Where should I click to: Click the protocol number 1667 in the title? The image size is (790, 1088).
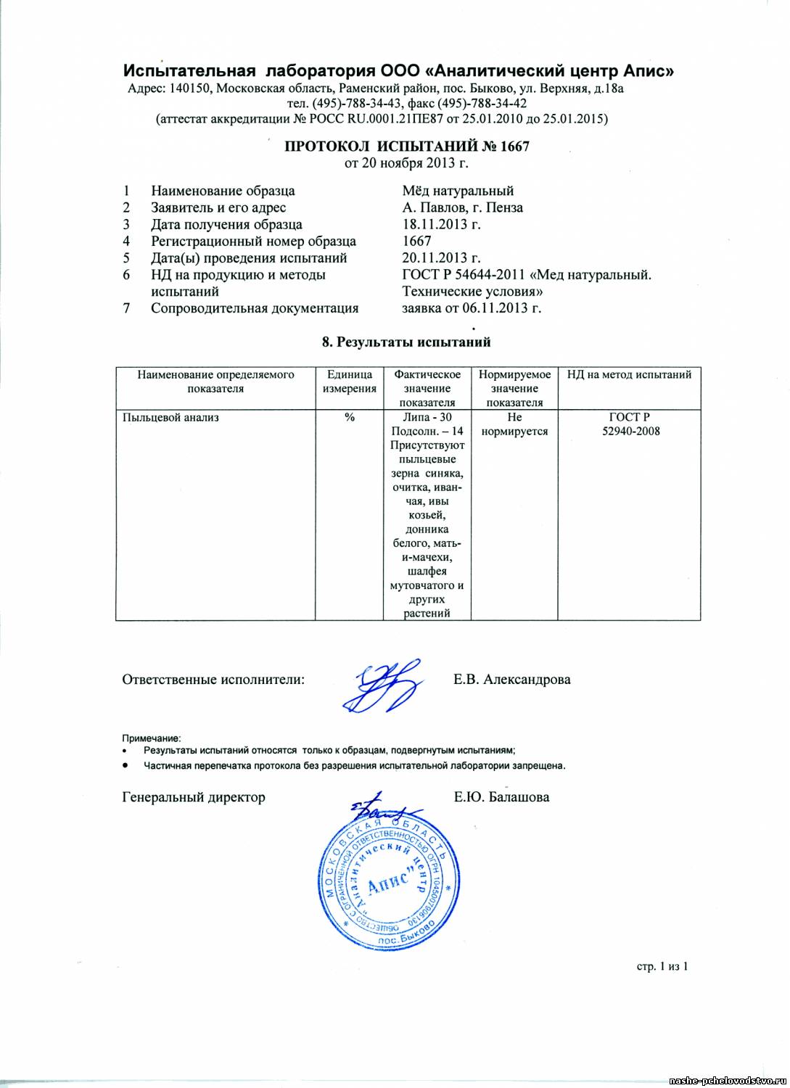514,146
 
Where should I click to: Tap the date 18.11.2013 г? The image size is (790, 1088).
441,224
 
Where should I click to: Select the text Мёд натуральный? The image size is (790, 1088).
458,191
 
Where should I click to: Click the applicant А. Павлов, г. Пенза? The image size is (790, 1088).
462,207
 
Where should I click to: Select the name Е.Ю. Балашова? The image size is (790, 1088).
501,797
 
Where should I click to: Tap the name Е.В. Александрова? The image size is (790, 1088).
511,680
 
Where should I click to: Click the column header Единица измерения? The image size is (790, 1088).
349,382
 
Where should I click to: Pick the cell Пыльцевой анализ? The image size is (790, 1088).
171,417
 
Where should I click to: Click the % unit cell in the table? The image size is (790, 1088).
349,417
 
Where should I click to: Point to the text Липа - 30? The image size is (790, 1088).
427,417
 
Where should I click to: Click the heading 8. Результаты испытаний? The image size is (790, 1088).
406,342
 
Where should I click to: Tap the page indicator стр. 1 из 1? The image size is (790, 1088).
662,966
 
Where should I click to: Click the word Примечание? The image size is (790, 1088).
151,738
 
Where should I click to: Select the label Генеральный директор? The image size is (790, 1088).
194,797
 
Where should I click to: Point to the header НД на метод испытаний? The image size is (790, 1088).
629,375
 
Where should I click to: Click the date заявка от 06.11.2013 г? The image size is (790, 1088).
472,308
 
